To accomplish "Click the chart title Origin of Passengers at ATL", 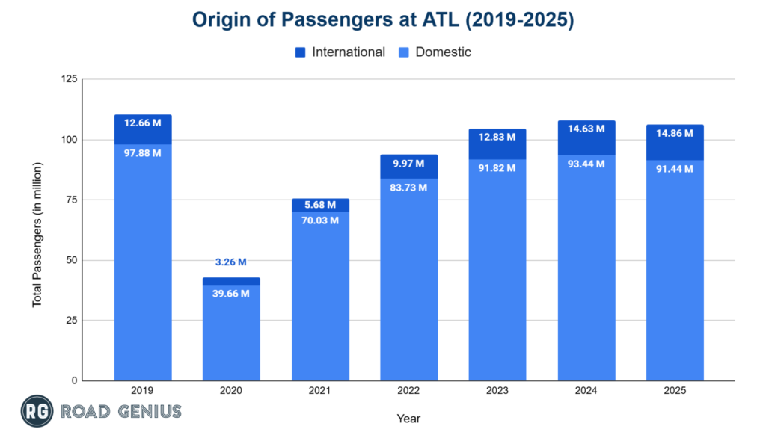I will [383, 20].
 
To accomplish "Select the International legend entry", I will [340, 52].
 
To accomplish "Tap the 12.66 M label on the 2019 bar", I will [143, 123].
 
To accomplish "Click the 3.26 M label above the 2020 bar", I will [231, 262].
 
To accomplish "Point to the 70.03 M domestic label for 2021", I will [319, 220].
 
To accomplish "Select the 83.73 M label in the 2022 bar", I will [408, 187].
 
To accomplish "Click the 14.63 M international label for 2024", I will [586, 129].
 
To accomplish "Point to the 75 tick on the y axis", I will [70, 200].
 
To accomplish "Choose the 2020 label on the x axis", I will [231, 391].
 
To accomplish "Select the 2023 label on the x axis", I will [497, 391].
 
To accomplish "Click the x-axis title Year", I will [408, 418].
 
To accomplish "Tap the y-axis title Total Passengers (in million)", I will [37, 229].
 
